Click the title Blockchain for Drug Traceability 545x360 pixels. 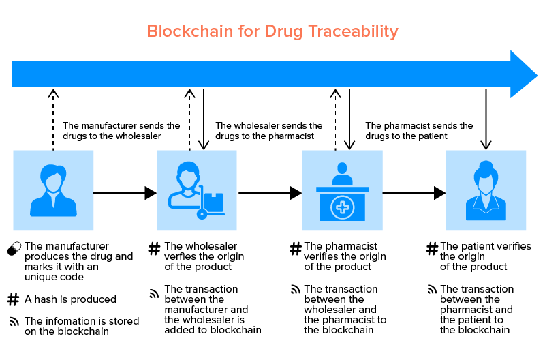point(272,31)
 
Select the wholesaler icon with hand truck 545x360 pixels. point(196,190)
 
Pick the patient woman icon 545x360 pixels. point(485,190)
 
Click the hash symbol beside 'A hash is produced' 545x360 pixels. point(13,299)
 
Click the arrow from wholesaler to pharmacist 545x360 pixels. point(270,193)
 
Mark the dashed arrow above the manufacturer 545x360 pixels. point(53,119)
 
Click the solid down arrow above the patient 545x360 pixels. point(485,119)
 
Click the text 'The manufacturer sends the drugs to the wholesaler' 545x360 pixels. point(121,131)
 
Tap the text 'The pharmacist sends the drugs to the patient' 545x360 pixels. point(419,131)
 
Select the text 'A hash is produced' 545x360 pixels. point(70,299)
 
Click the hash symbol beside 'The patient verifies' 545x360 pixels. point(432,250)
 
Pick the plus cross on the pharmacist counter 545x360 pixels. point(342,207)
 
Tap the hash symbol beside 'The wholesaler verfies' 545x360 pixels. point(155,250)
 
